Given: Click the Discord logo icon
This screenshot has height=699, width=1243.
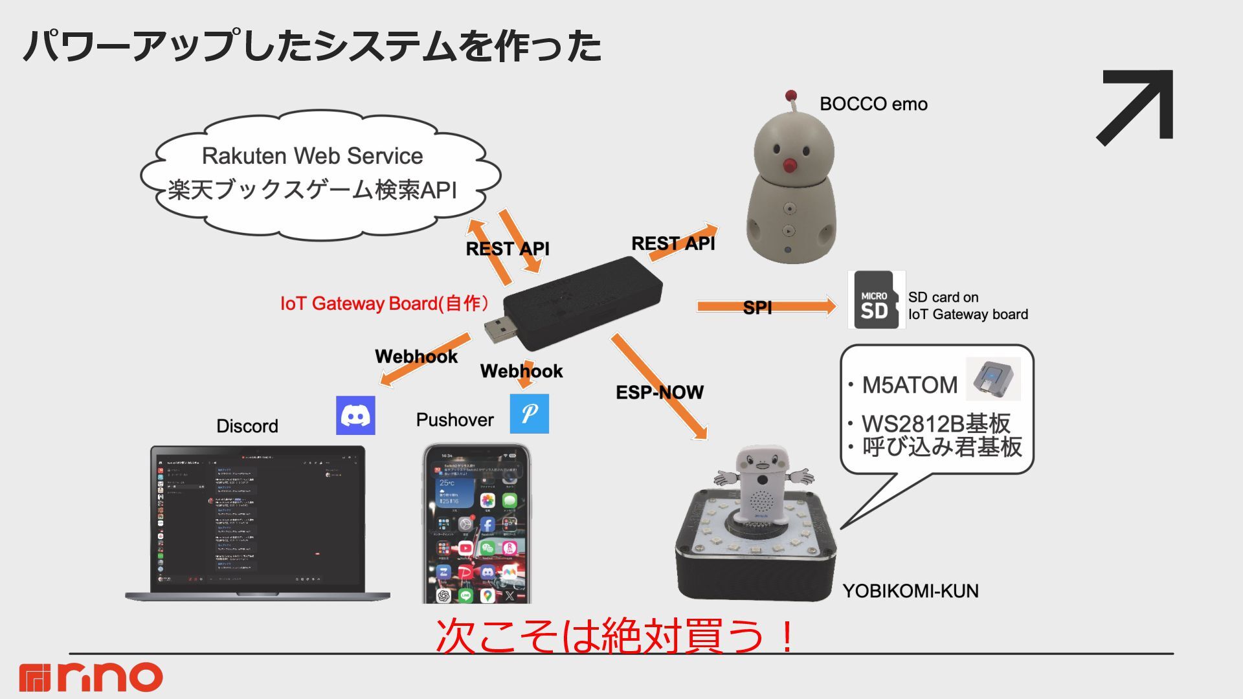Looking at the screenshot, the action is pos(355,415).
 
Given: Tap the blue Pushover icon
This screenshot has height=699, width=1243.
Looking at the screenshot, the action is pos(529,414).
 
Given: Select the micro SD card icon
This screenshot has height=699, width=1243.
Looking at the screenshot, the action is pos(875,300).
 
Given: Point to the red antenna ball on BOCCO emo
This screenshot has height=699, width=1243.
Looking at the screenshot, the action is pos(790,96).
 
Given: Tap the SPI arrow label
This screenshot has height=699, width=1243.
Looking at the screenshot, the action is pos(757,307).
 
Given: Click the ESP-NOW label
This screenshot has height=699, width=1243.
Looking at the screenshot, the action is pos(659,392).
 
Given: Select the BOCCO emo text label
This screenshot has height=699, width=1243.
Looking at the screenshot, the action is pos(873,104).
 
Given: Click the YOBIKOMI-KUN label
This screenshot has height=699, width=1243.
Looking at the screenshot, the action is pos(910,591).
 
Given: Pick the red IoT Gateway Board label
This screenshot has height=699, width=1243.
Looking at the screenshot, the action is pos(384,304).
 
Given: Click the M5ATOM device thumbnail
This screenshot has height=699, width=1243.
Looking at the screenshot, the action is pos(992,379).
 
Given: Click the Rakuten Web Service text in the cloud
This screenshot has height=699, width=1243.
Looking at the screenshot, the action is pos(312,156).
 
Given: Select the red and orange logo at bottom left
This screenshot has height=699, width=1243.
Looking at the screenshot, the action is pos(91,677).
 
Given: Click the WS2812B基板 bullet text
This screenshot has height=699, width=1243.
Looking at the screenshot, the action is pos(935,423).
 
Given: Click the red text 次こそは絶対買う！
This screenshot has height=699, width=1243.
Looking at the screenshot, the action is pos(615,636).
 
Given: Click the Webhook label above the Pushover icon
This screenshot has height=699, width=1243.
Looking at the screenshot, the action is pos(521,371).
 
